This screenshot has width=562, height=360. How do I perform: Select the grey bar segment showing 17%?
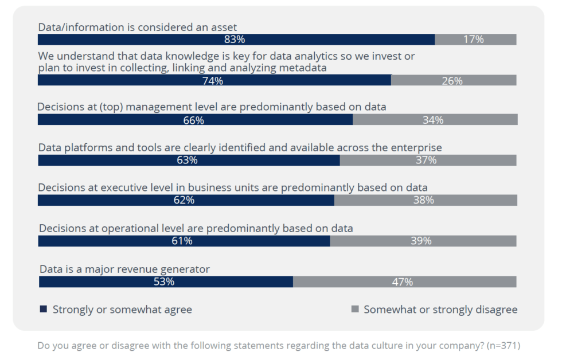click(x=475, y=40)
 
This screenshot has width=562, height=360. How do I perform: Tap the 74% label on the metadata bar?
click(x=213, y=81)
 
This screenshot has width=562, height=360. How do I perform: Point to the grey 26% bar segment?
click(x=454, y=81)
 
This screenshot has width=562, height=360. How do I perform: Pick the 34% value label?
click(x=433, y=120)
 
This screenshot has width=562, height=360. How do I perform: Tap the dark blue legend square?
click(x=43, y=310)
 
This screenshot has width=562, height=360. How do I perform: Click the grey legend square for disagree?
click(x=354, y=310)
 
